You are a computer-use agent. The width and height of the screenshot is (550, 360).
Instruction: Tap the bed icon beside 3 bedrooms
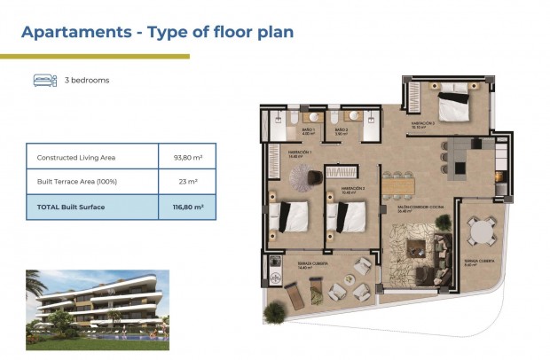tap(45, 80)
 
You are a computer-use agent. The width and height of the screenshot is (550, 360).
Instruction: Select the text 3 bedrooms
tap(87, 80)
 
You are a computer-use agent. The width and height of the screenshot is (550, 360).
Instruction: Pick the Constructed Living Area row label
tap(75, 158)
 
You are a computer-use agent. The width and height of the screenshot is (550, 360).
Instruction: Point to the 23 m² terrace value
tap(188, 182)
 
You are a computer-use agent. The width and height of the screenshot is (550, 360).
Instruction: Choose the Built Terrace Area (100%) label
tap(76, 182)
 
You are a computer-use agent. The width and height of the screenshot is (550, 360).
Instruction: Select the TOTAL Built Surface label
tap(71, 207)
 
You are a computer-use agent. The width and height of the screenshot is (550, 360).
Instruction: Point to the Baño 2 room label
tap(342, 131)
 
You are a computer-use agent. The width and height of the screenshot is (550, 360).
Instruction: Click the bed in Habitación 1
tap(291, 216)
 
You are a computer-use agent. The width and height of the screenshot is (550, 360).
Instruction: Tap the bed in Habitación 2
tap(346, 215)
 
